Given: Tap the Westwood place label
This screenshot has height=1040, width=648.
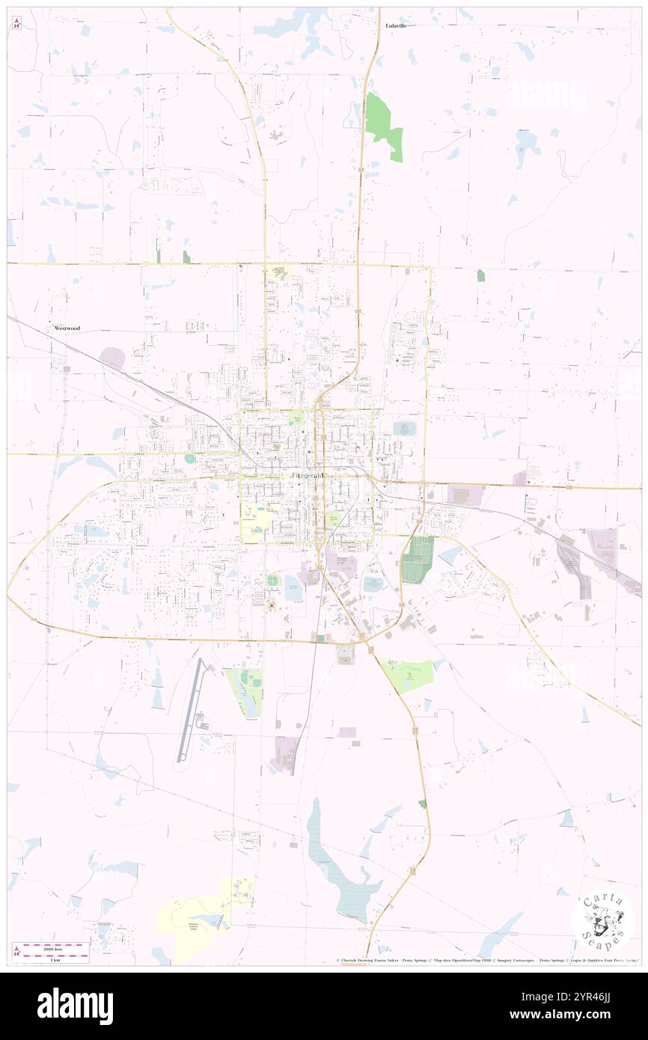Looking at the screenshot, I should [67, 328].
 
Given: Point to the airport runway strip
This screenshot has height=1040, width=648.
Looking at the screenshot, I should [191, 711].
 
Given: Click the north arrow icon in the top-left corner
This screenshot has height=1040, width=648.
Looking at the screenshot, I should [16, 23].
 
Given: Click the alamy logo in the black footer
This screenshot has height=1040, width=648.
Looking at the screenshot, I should [75, 1006].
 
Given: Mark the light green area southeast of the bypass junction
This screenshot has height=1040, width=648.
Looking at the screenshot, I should [409, 674].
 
